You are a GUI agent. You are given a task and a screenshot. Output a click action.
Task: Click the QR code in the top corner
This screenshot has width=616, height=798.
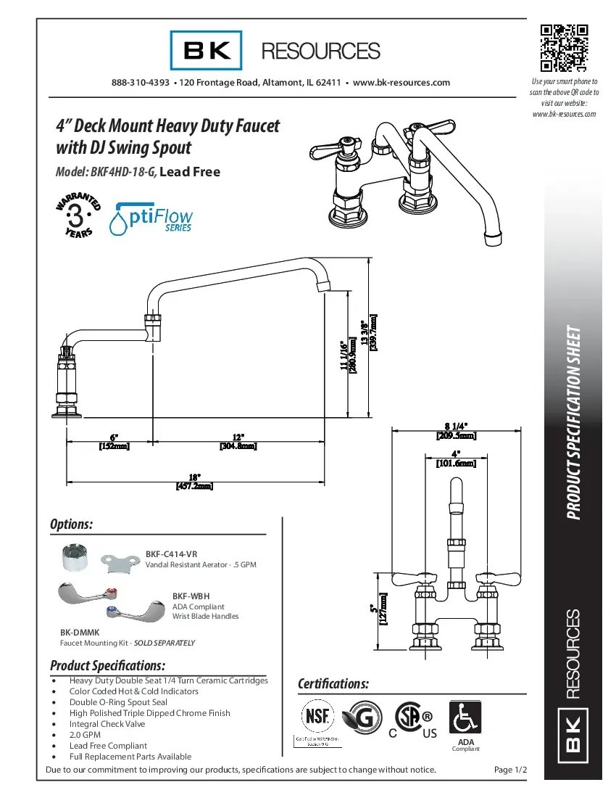564,48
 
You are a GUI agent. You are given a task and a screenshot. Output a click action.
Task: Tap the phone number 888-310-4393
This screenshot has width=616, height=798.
141,83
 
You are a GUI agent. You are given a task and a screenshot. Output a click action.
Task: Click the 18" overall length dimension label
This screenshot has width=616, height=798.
194,482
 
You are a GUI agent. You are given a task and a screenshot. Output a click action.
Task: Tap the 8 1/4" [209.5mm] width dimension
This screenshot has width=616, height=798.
456,431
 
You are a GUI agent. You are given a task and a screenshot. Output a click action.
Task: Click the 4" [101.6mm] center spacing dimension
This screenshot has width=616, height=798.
456,458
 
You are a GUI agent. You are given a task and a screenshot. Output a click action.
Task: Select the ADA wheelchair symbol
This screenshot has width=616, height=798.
465,717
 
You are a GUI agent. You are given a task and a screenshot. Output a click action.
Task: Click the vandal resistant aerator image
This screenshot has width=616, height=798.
77,557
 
